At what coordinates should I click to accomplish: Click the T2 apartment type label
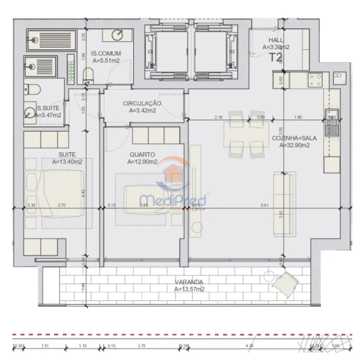(276, 59)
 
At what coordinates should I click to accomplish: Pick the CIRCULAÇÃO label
(142, 103)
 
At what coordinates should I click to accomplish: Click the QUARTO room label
(143, 154)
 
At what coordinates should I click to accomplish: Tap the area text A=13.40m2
(68, 162)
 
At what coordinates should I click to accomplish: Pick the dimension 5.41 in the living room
(265, 206)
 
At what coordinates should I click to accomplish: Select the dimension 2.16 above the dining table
(219, 116)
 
